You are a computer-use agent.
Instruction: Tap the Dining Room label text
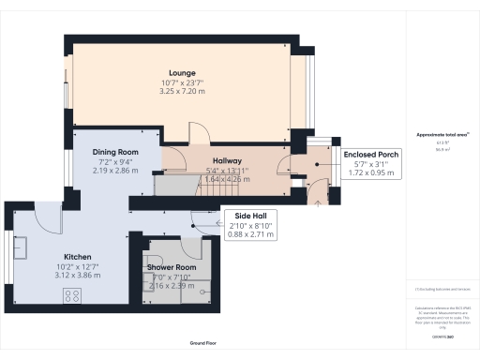point(114,152)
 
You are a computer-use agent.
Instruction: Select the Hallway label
point(227,161)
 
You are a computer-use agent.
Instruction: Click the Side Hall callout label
point(251,214)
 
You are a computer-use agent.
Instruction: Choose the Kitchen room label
point(77,255)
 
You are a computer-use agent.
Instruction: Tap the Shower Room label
point(171,267)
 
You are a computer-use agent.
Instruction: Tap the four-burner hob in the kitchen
point(71,296)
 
